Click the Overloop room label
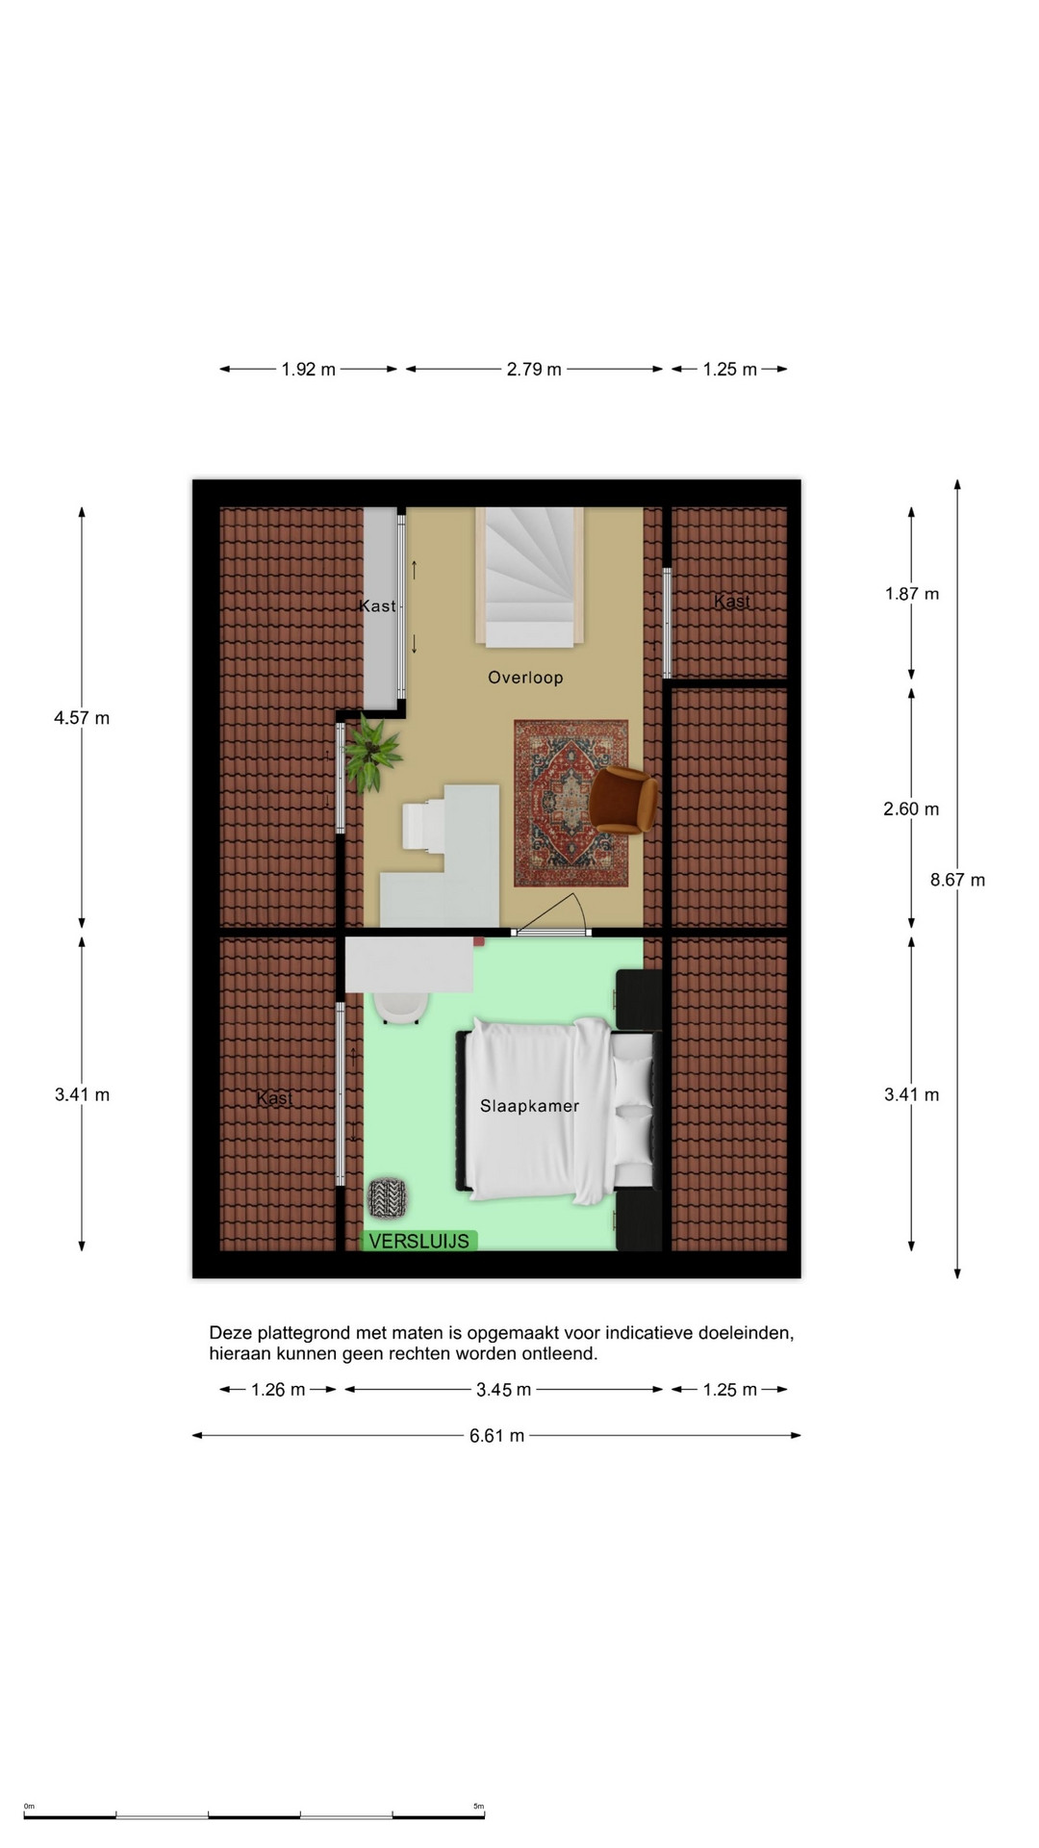(x=525, y=678)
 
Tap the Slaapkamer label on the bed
(x=529, y=1106)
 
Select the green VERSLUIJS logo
(x=419, y=1241)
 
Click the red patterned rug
(x=571, y=803)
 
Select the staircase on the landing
(x=530, y=577)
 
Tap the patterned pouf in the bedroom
(x=388, y=1197)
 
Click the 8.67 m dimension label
(x=957, y=880)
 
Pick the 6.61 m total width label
(x=496, y=1436)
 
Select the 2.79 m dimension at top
(x=534, y=369)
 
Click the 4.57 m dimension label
(x=82, y=718)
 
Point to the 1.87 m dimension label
(x=912, y=594)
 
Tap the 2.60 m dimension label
(x=911, y=809)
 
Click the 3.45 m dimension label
(x=503, y=1390)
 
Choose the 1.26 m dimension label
(x=278, y=1390)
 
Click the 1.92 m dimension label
(x=308, y=369)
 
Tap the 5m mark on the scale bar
(x=479, y=1806)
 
